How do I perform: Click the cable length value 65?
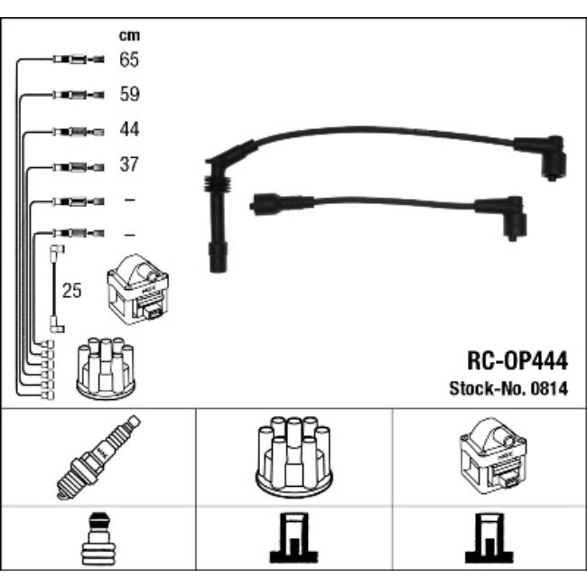[x=129, y=60]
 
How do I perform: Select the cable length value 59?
[x=129, y=94]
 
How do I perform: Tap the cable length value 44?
[x=129, y=129]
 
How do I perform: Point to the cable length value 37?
[x=129, y=164]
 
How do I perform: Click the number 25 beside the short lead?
[x=71, y=291]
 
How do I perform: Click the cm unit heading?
[x=129, y=35]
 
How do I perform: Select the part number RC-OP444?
[x=517, y=361]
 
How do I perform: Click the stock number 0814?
[x=549, y=388]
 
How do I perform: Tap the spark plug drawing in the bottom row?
[x=98, y=458]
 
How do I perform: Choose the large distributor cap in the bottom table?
[x=293, y=457]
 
